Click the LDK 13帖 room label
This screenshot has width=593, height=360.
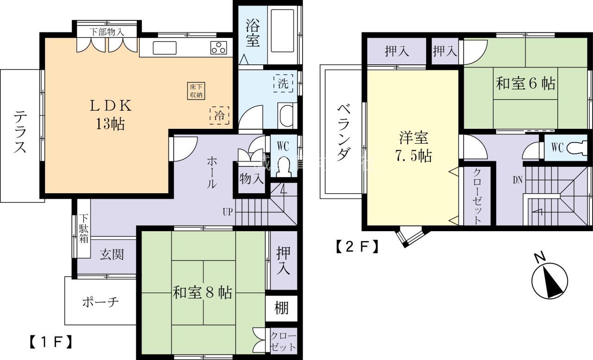111,114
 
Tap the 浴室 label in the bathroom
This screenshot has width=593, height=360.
252,32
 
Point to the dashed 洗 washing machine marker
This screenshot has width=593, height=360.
283,83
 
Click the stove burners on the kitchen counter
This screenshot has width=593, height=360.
219,47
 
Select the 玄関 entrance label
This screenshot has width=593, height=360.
112,254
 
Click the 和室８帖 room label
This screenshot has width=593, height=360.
202,293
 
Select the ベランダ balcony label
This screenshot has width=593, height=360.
343,133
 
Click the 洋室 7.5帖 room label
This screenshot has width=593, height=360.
414,147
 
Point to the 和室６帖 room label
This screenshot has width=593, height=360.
526,84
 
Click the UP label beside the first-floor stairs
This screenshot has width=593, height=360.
227,212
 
